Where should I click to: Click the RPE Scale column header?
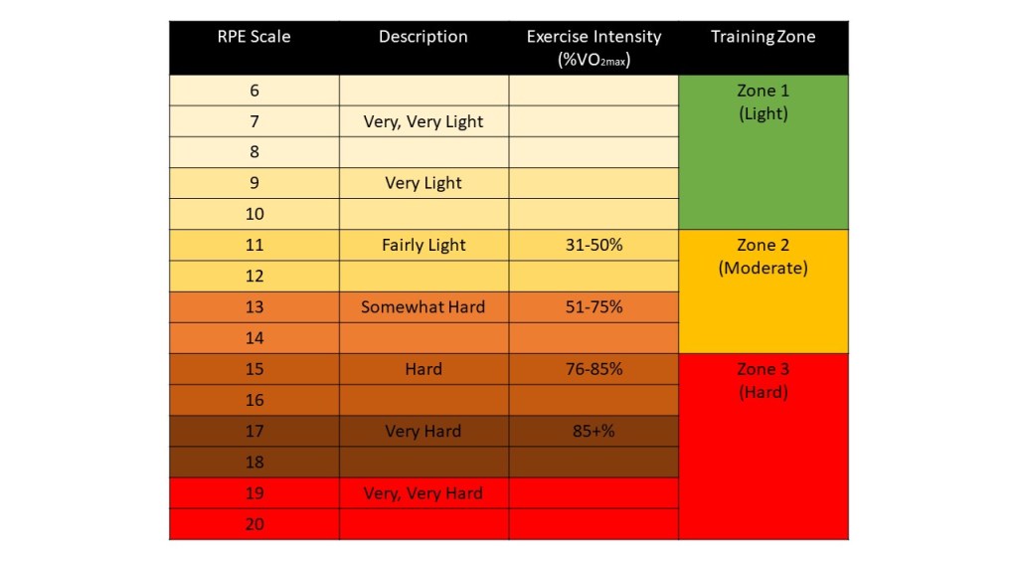(254, 37)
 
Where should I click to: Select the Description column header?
(424, 37)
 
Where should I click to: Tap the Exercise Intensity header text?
(594, 37)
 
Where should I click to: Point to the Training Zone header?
(763, 37)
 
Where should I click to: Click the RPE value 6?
(254, 91)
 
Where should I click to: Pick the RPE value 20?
(254, 524)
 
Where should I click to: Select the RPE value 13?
(254, 307)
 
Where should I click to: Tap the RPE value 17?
(254, 432)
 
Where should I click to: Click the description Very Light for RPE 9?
(424, 184)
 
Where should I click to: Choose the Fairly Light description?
(424, 246)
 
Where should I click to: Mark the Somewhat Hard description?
(424, 307)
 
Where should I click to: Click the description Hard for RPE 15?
(424, 369)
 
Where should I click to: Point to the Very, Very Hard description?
(424, 493)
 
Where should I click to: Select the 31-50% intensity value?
(594, 245)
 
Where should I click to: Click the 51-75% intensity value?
(594, 307)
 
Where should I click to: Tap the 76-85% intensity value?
(594, 369)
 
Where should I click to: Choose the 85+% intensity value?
(594, 432)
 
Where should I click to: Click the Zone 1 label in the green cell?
(763, 91)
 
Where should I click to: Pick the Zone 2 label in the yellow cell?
(763, 246)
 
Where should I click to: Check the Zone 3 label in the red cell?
(763, 369)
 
